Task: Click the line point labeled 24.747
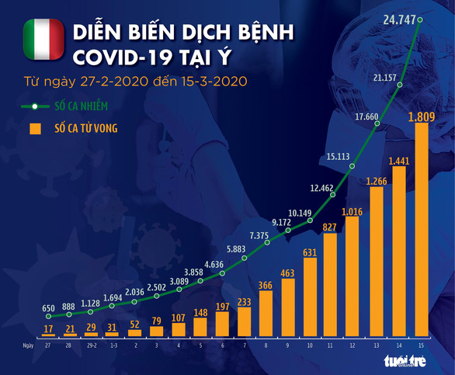tap(420, 20)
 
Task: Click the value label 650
tap(48, 308)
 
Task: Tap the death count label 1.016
tap(352, 210)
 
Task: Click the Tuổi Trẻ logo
tap(403, 363)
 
